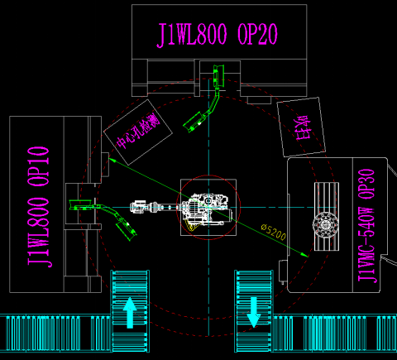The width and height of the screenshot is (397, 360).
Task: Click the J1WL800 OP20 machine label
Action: tap(218, 35)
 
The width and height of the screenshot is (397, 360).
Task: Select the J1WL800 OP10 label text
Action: tap(39, 207)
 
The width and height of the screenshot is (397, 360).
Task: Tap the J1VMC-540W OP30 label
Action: tap(366, 226)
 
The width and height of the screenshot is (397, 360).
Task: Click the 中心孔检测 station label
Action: tap(138, 131)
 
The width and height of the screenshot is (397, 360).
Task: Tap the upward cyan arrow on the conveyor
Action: tap(130, 313)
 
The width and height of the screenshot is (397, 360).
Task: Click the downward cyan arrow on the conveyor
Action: tap(253, 312)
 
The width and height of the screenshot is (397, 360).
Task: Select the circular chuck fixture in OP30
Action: tap(326, 225)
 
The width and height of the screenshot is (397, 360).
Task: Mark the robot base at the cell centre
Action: tap(208, 207)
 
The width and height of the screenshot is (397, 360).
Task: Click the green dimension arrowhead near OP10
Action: tap(111, 159)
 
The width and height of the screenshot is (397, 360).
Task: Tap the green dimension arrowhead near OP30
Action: tap(305, 255)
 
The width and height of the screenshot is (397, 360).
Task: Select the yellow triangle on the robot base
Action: tap(192, 226)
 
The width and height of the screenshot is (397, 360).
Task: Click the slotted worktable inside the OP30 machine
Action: tap(327, 217)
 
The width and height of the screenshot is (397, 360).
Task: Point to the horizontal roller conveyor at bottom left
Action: tap(55, 334)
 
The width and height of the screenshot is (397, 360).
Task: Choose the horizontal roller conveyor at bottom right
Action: tap(334, 334)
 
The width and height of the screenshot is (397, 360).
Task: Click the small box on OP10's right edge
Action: tap(105, 165)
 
